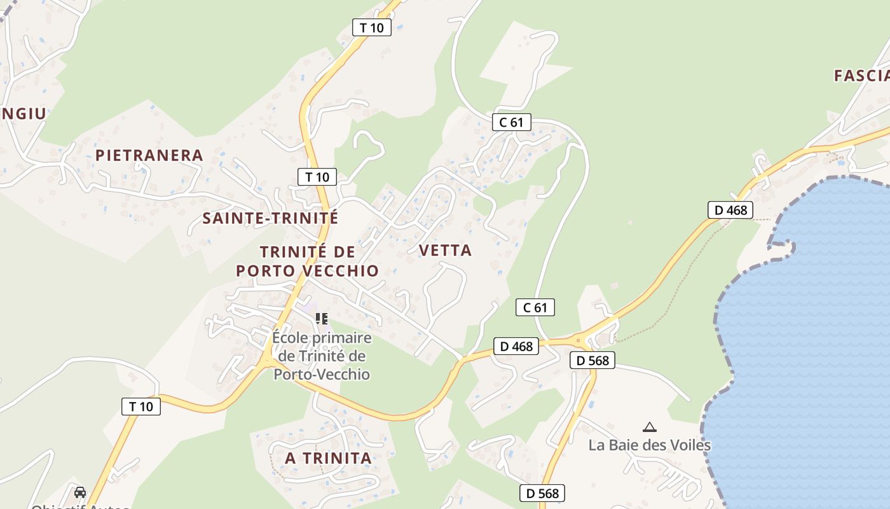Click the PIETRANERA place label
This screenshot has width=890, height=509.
coord(149,155)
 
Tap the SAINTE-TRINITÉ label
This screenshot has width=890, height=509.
coord(270,218)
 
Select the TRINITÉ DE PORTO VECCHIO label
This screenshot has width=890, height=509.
coord(308,261)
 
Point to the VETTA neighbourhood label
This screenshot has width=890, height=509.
coord(446,251)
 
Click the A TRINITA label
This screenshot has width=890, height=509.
coord(328,458)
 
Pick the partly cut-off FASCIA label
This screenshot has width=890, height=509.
coord(862,76)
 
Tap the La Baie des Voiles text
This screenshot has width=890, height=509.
coord(649,445)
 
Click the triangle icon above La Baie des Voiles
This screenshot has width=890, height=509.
coord(649,428)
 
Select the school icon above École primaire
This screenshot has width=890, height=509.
coord(322,318)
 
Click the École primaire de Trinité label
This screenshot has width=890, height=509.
coord(322,355)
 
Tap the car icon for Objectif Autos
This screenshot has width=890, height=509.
coord(80,492)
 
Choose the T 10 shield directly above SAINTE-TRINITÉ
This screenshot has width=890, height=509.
coord(317,177)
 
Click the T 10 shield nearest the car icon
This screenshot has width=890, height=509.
coord(141,407)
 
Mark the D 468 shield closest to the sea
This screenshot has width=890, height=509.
coord(730,210)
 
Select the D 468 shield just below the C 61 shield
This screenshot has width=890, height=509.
coord(516,347)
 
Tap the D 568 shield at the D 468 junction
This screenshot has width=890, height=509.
coord(592,361)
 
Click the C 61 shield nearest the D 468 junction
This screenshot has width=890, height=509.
coord(535,308)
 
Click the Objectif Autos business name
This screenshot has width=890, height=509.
coord(80,506)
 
